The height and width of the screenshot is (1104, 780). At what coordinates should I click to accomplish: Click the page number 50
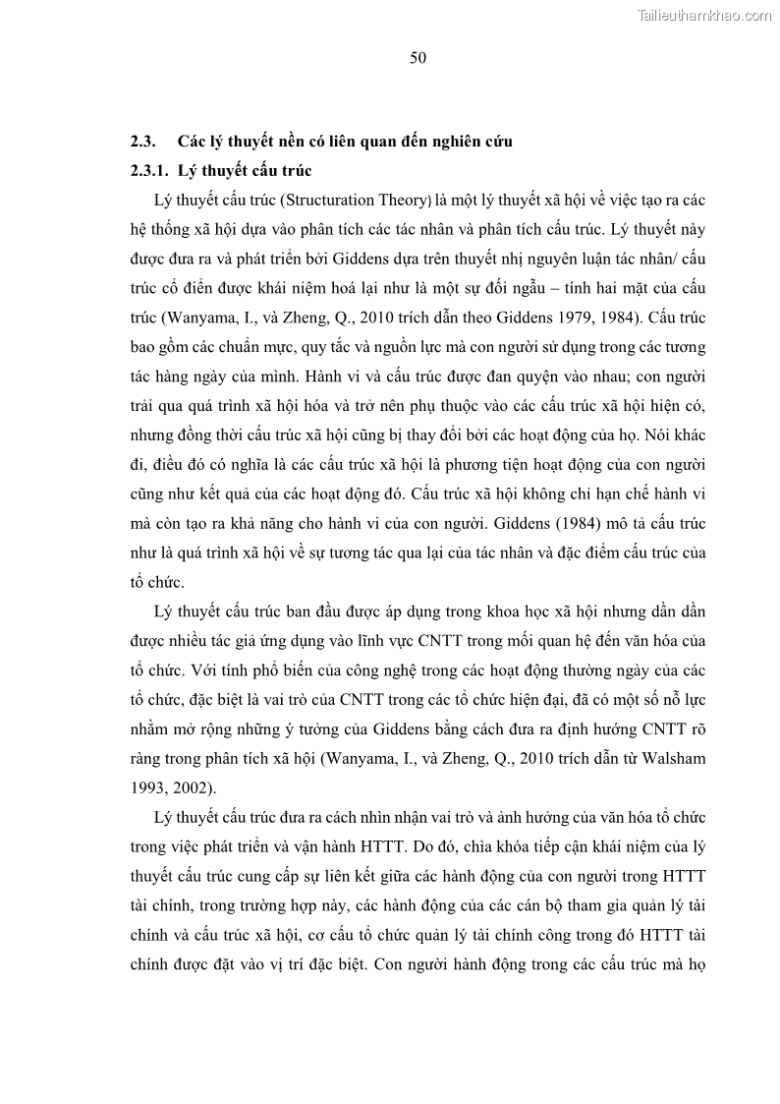coord(418,58)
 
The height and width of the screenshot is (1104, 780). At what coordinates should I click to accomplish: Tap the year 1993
coord(147,761)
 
